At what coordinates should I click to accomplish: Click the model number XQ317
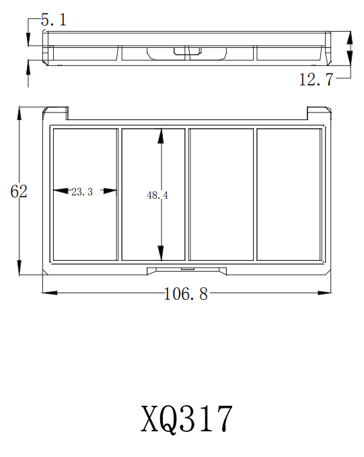187,419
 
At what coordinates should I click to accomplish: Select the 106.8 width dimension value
186,295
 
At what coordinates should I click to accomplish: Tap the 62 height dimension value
19,191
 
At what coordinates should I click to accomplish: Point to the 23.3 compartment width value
81,192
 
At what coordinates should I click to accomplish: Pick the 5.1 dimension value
54,20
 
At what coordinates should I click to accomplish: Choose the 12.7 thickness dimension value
316,80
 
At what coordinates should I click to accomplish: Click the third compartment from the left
221,194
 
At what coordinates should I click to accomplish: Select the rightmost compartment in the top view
289,194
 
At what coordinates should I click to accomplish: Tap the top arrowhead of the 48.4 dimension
161,135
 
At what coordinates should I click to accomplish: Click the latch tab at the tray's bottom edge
186,270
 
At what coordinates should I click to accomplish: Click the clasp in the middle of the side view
180,51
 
